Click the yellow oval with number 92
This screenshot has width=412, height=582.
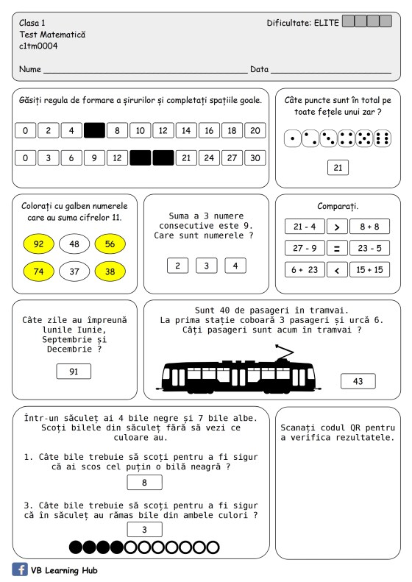pyautogui.click(x=38, y=244)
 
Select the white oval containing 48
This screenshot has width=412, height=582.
pyautogui.click(x=74, y=244)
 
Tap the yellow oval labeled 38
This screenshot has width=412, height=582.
pyautogui.click(x=110, y=272)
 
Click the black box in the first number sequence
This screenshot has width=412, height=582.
pyautogui.click(x=94, y=130)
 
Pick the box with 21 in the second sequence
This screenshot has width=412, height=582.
pyautogui.click(x=186, y=157)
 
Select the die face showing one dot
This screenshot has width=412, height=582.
pyautogui.click(x=293, y=138)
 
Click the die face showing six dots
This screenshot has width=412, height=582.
pyautogui.click(x=383, y=138)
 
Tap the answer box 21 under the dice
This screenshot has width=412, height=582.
pyautogui.click(x=338, y=168)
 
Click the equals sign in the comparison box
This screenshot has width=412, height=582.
pyautogui.click(x=337, y=248)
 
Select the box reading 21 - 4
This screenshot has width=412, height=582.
pyautogui.click(x=305, y=227)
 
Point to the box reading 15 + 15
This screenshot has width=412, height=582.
pyautogui.click(x=369, y=270)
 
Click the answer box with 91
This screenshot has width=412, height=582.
pyautogui.click(x=74, y=371)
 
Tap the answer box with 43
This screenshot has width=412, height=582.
pyautogui.click(x=358, y=381)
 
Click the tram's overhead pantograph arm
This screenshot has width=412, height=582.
pyautogui.click(x=284, y=352)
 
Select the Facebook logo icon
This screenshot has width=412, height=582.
pyautogui.click(x=20, y=569)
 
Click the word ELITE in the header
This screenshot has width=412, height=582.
pyautogui.click(x=327, y=23)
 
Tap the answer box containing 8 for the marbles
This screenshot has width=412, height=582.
pyautogui.click(x=144, y=483)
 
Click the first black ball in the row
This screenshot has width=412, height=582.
pyautogui.click(x=76, y=547)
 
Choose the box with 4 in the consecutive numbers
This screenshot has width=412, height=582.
pyautogui.click(x=235, y=266)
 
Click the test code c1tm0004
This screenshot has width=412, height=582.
pyautogui.click(x=38, y=46)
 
